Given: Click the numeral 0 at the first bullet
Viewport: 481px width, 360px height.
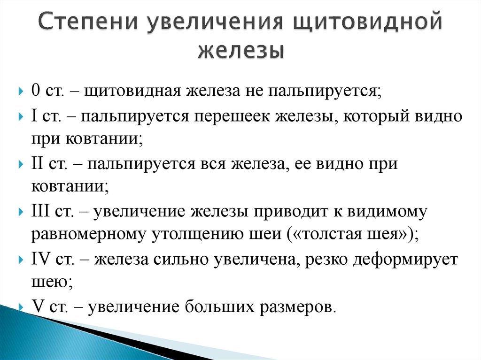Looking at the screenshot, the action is pos(36,91).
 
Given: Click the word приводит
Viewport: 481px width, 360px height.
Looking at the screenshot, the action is pos(291,212).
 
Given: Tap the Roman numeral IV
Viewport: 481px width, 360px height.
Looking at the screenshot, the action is pos(40,259).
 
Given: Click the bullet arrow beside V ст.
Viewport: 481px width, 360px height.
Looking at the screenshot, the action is pos(21,306).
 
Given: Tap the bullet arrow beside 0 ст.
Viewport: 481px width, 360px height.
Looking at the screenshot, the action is pos(21,91).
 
